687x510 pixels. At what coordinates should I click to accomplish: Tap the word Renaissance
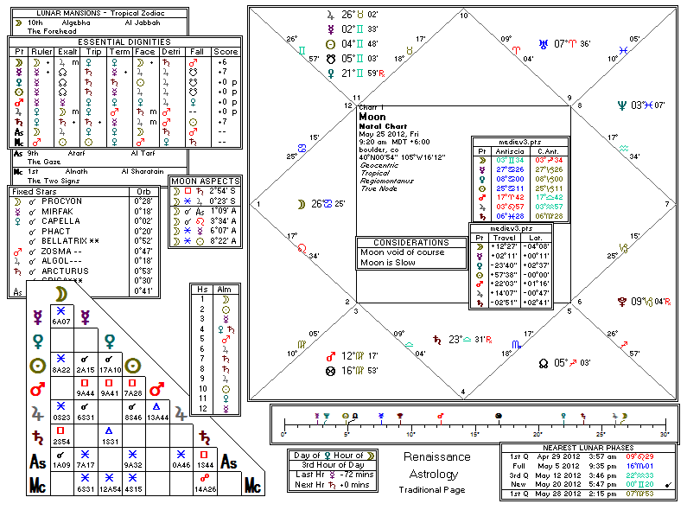(437, 456)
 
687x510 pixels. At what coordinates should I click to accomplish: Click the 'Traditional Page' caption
(437, 490)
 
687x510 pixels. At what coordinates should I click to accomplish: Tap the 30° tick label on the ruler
(664, 433)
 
